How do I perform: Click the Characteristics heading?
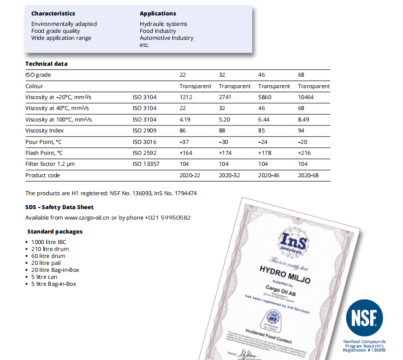coord(53,13)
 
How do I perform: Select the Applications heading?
coord(158,13)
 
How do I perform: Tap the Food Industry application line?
coord(158,31)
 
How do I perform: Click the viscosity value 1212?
coord(186,97)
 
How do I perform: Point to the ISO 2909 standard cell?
coord(144,130)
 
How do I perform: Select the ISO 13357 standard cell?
coord(146,164)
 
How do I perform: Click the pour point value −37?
coord(185,142)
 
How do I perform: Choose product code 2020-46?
coord(269,175)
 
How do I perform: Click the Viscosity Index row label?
coord(45,130)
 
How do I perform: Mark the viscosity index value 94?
coord(301,130)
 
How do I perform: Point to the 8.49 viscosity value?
coord(303,120)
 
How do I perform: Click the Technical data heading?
coord(46,64)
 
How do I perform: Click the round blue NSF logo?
coord(365,317)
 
